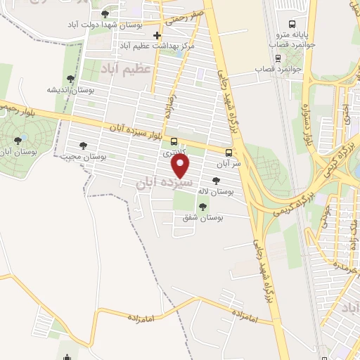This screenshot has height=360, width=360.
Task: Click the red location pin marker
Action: (x=181, y=165)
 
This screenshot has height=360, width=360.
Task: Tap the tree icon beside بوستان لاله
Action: (x=225, y=181)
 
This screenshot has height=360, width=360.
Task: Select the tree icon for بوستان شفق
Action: (x=202, y=207)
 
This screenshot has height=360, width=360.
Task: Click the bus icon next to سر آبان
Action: (x=229, y=152)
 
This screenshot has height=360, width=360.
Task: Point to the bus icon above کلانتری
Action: (x=174, y=141)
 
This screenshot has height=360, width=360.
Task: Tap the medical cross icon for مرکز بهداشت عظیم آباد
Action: (x=157, y=36)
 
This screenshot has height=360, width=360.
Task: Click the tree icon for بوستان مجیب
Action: (x=83, y=146)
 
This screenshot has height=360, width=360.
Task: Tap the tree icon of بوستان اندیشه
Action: (x=70, y=79)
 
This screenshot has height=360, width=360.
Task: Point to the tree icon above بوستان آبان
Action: (x=18, y=140)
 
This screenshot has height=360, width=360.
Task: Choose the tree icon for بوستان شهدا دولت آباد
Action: (x=105, y=14)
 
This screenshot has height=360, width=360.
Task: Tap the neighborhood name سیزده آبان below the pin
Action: (x=155, y=181)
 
